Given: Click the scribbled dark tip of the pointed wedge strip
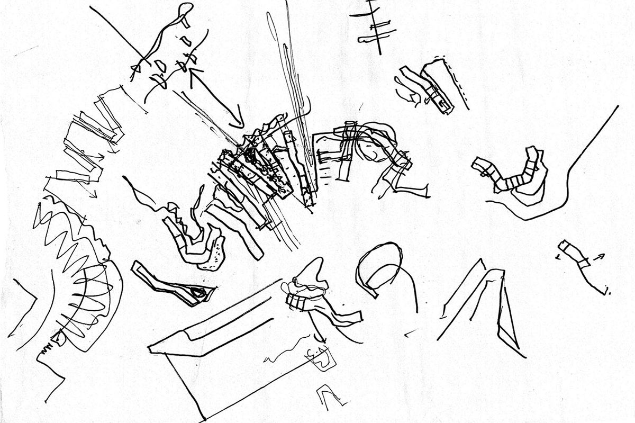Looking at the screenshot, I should coord(200,291).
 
